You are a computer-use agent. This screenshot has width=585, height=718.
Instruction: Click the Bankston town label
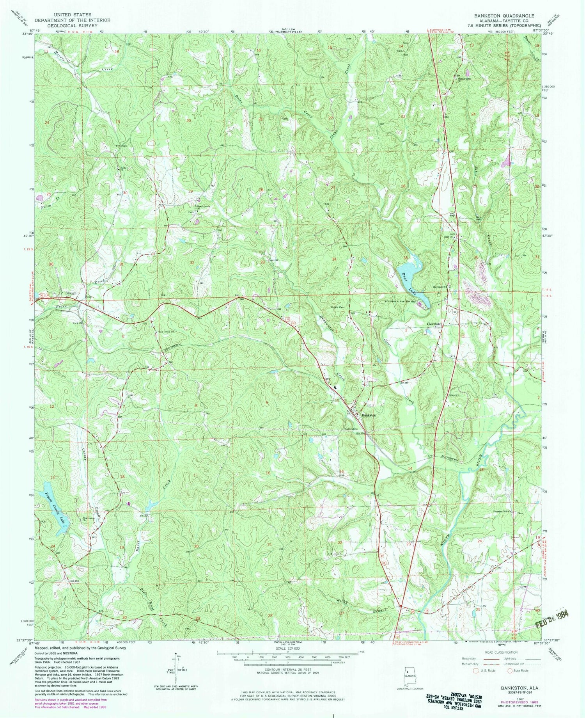tap(369, 416)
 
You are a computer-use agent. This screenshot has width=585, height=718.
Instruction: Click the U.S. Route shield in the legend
tap(475, 671)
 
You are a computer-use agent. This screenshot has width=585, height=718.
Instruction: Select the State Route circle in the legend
tap(510, 671)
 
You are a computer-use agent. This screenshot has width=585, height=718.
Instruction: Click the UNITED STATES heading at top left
tap(72, 15)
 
